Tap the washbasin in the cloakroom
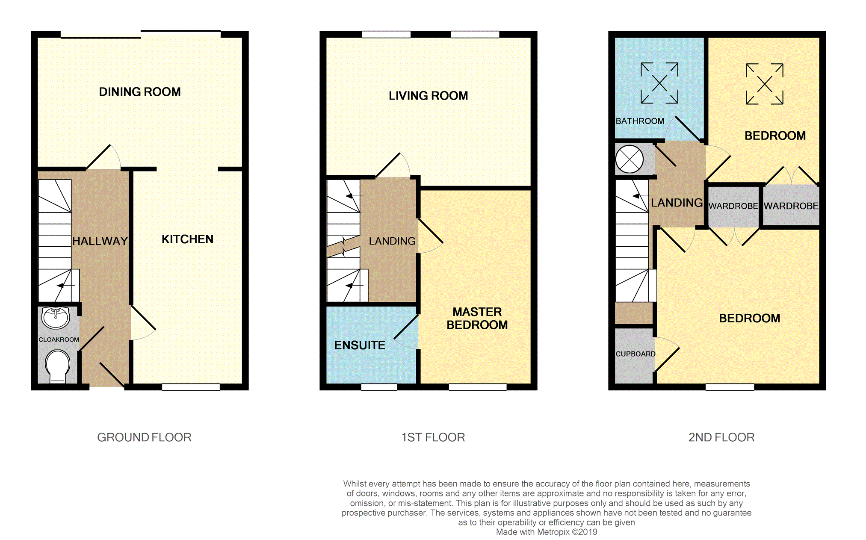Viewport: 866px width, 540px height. pyautogui.click(x=56, y=318)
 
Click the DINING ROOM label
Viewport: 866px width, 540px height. pyautogui.click(x=140, y=92)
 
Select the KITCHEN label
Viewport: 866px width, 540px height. pyautogui.click(x=187, y=239)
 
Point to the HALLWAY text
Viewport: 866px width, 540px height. pyautogui.click(x=100, y=241)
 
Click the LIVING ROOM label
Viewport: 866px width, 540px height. pyautogui.click(x=428, y=96)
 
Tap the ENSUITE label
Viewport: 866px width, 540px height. pyautogui.click(x=360, y=345)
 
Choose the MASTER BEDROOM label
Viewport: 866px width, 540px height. pyautogui.click(x=477, y=319)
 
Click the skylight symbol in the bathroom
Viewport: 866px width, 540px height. pyautogui.click(x=659, y=83)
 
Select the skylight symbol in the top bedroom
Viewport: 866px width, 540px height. pyautogui.click(x=765, y=84)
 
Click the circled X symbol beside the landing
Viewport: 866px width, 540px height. pyautogui.click(x=630, y=159)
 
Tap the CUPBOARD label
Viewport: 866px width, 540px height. pyautogui.click(x=635, y=354)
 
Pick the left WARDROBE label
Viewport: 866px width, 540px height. pyautogui.click(x=733, y=206)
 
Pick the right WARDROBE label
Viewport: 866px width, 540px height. pyautogui.click(x=791, y=206)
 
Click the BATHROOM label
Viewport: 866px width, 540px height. pyautogui.click(x=640, y=121)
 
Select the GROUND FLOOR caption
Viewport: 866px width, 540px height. pyautogui.click(x=144, y=437)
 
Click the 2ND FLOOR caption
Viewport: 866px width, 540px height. pyautogui.click(x=721, y=437)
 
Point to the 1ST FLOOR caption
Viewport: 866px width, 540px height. pyautogui.click(x=433, y=437)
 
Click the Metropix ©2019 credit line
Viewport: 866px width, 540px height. pyautogui.click(x=547, y=532)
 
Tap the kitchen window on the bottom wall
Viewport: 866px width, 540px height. pyautogui.click(x=191, y=387)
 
